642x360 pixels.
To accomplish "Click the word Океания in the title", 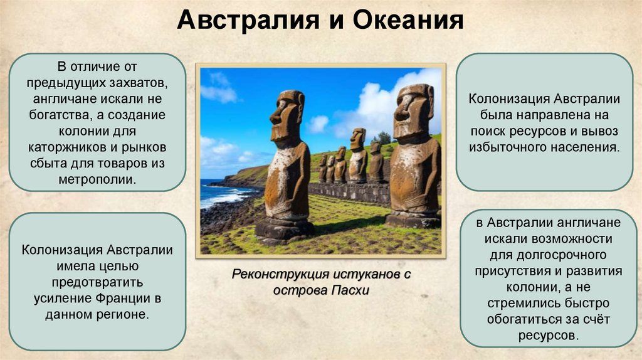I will (409, 21).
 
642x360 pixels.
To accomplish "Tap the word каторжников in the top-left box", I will (61, 147).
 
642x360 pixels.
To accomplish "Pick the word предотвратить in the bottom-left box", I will (97, 282).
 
